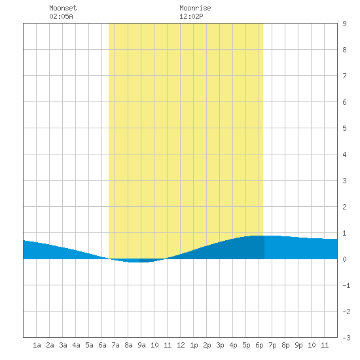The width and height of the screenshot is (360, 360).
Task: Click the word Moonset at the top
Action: click(63, 8)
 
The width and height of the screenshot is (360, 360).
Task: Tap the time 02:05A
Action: click(61, 16)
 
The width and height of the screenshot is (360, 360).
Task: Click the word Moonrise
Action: click(195, 8)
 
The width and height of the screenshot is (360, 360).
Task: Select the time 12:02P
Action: click(191, 16)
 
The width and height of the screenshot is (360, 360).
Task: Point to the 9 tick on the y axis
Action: click(344, 24)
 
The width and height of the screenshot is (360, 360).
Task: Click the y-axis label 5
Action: click(344, 128)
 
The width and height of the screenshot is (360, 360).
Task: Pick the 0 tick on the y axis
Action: click(344, 259)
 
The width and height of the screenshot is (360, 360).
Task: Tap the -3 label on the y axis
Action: click(346, 338)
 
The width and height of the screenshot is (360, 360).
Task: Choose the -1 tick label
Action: click(346, 285)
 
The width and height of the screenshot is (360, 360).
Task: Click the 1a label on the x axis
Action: click(37, 345)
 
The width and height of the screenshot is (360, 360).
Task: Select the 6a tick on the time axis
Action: click(102, 345)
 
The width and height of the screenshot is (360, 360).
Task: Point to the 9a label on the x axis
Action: click(141, 345)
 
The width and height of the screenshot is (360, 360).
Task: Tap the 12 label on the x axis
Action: click(181, 345)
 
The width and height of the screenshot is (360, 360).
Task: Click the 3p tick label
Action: click(220, 345)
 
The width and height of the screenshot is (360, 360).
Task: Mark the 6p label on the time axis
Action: click(259, 345)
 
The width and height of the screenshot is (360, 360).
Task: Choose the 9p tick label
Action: click(298, 345)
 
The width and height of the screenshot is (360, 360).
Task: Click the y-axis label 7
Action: click(344, 76)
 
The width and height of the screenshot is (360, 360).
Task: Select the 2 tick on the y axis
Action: click(344, 207)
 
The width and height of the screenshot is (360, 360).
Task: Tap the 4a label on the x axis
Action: click(76, 345)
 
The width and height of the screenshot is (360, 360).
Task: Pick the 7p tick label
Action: click(272, 345)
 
